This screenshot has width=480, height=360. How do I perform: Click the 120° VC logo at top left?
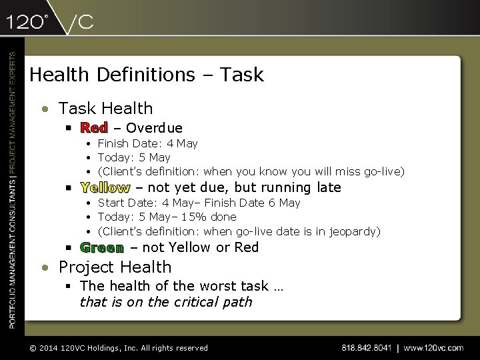[50, 22]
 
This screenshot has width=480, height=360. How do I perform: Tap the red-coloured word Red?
[94, 128]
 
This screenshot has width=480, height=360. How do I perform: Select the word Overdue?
[154, 128]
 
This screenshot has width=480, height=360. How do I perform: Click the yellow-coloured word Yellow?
[105, 188]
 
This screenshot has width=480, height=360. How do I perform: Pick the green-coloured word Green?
[101, 248]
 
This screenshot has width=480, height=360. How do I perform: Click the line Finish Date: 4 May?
[147, 143]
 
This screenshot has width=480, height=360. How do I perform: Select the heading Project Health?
[115, 267]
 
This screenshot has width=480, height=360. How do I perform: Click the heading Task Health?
[105, 108]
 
